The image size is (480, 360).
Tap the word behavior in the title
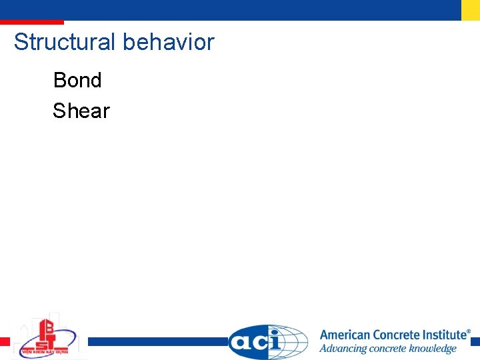click(169, 42)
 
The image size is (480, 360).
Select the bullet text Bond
click(77, 80)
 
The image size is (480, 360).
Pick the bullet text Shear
click(81, 111)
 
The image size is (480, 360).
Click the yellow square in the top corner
click(471, 9)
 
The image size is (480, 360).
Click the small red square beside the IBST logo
click(5, 341)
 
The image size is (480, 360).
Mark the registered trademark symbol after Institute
click(468, 331)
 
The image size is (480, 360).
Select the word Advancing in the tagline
click(345, 349)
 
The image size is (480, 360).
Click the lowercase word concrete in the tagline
click(392, 349)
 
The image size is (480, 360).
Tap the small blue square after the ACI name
click(475, 341)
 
